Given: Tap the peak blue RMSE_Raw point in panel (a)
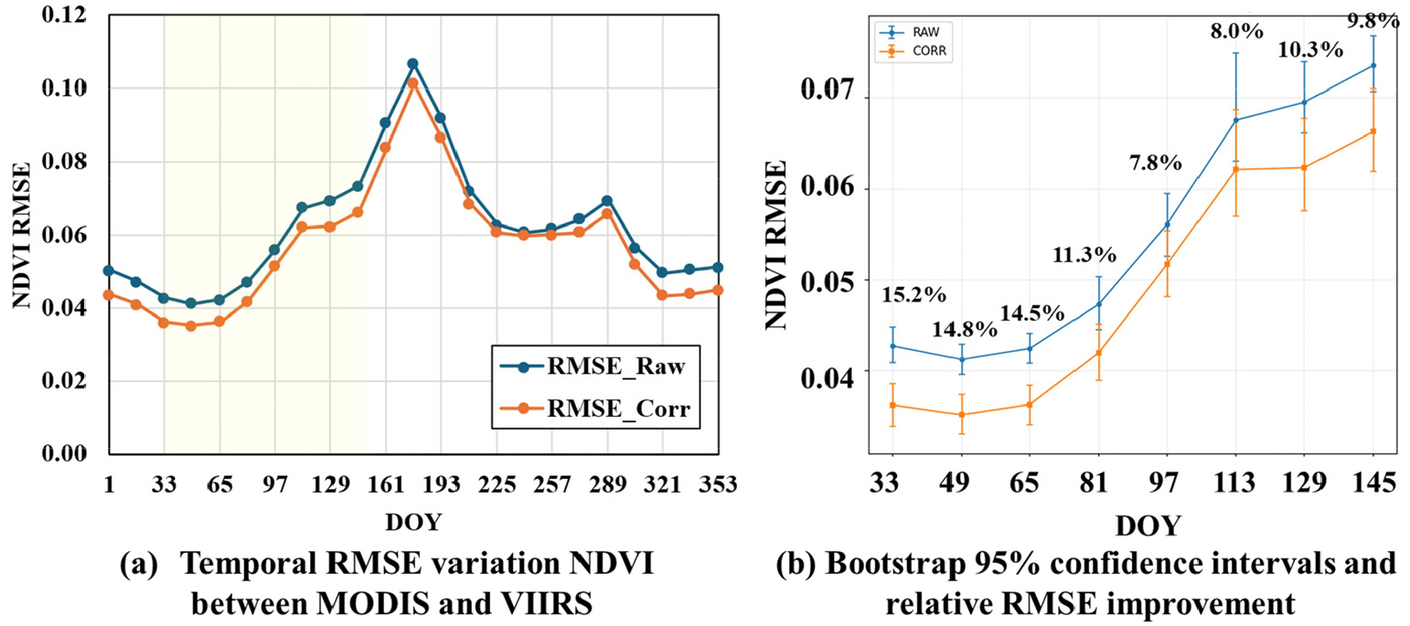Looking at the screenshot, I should [412, 64].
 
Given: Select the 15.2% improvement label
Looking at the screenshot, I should [913, 295].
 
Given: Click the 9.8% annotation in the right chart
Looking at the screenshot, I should [1373, 20].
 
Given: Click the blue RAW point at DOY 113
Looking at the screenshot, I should [1235, 120].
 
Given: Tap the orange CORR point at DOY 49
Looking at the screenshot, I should [961, 415].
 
